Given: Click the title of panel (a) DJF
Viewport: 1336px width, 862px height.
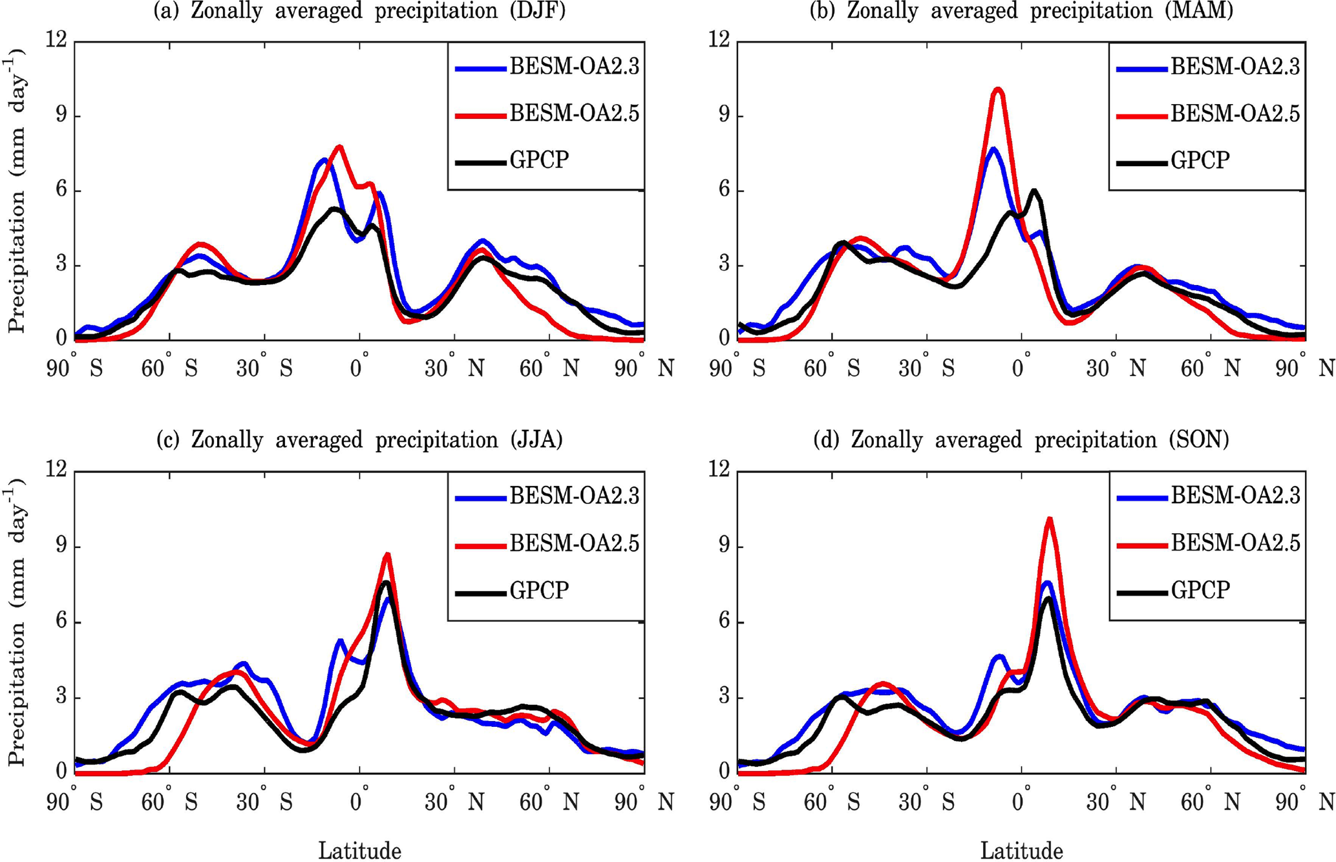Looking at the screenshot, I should [359, 11].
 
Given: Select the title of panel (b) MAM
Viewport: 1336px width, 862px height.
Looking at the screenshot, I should [1021, 11].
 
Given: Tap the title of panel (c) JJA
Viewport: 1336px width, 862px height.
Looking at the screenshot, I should [359, 440].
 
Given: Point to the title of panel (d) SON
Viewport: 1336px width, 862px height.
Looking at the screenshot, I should [1021, 440].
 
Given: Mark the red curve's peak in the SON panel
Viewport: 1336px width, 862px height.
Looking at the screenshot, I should [1049, 519].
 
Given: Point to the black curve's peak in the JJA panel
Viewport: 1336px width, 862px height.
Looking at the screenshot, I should [386, 583].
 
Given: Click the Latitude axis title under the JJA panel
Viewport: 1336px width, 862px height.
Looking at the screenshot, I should [359, 850].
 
